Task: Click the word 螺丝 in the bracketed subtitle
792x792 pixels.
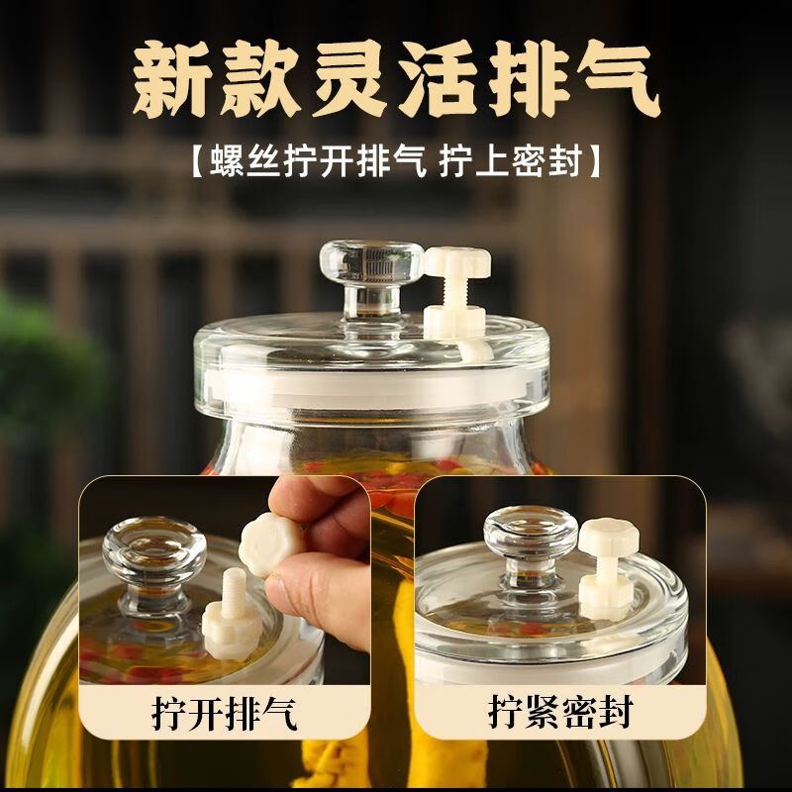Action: pyautogui.click(x=245, y=161)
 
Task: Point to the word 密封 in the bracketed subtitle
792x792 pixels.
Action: pyautogui.click(x=546, y=161)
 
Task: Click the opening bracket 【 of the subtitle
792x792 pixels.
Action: pyautogui.click(x=199, y=161)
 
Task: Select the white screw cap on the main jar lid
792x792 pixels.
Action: pyautogui.click(x=457, y=261)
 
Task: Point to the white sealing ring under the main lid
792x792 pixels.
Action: pyautogui.click(x=374, y=385)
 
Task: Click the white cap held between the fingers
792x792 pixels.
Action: pyautogui.click(x=270, y=544)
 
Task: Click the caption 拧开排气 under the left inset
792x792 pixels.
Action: pyautogui.click(x=225, y=713)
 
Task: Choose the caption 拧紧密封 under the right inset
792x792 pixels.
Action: pyautogui.click(x=560, y=712)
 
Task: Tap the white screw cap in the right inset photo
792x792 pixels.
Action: pyautogui.click(x=609, y=537)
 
